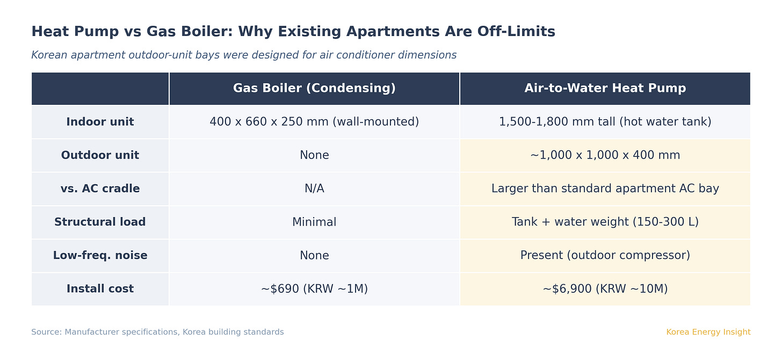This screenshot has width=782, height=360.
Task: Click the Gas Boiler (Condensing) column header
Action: tap(314, 89)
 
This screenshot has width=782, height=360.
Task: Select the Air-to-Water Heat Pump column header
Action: tap(605, 89)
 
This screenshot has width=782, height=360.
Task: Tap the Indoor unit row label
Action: tap(100, 122)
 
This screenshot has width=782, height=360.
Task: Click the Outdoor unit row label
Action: tap(100, 155)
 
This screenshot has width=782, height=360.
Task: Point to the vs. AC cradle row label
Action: tap(100, 189)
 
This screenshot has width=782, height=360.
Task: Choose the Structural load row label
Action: tap(100, 222)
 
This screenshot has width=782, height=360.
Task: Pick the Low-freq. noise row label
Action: tap(100, 255)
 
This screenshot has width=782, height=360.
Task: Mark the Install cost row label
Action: tap(100, 289)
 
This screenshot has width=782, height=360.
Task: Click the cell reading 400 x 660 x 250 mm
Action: tap(314, 122)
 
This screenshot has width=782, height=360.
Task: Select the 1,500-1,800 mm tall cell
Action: tap(605, 122)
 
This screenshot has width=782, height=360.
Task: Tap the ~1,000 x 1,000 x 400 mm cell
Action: tap(605, 155)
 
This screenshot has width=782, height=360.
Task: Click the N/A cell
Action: tap(314, 189)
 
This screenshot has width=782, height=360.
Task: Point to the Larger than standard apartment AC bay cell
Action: tap(605, 189)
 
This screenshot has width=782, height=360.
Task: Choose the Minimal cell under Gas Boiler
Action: tap(314, 222)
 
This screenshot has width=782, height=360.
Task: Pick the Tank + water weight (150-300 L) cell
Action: tap(605, 222)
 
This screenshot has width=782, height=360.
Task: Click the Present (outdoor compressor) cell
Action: tap(605, 255)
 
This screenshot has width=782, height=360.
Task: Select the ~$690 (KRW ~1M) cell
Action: tap(314, 289)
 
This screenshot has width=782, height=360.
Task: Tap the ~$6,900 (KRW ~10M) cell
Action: tap(605, 289)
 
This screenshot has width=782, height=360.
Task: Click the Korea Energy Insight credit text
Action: tap(708, 332)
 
